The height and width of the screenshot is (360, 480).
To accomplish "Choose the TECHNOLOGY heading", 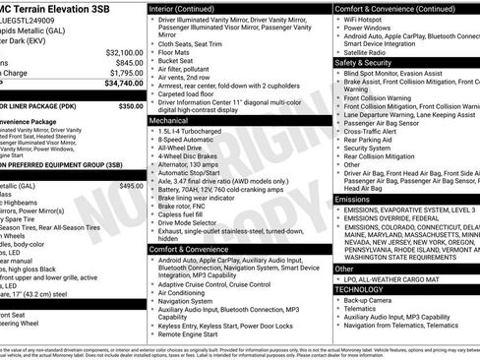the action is point(359,289).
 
